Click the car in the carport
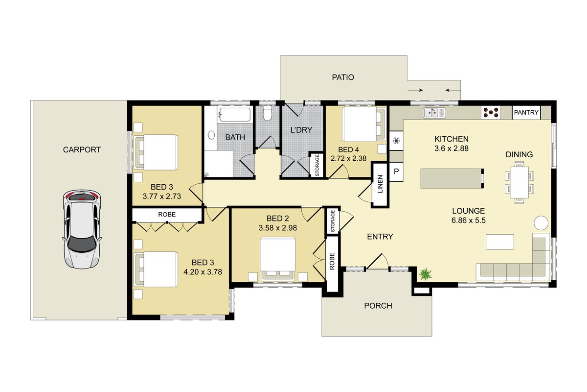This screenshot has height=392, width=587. point(82,229)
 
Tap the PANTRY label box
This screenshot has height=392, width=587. point(526,113)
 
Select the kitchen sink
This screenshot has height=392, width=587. point(434,113)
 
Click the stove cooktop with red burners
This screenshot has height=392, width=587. point(491,112)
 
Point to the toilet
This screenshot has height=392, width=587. point(267,113)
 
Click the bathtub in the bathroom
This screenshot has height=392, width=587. point(235,115)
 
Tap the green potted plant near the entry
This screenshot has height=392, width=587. point(425,274)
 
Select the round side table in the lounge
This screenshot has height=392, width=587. point(541,223)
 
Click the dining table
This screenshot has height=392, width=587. point(519,182)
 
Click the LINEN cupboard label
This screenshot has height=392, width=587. point(380,184)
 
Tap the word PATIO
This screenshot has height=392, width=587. point(343,77)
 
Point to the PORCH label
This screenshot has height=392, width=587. point(378,306)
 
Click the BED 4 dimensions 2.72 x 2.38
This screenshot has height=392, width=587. point(348,158)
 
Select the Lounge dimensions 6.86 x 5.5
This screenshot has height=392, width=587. point(468,220)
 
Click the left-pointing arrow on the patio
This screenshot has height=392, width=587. point(453,90)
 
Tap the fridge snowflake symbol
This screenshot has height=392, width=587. point(396,141)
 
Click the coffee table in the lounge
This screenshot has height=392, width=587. point(500,242)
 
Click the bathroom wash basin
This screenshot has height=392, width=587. point(211,135)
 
